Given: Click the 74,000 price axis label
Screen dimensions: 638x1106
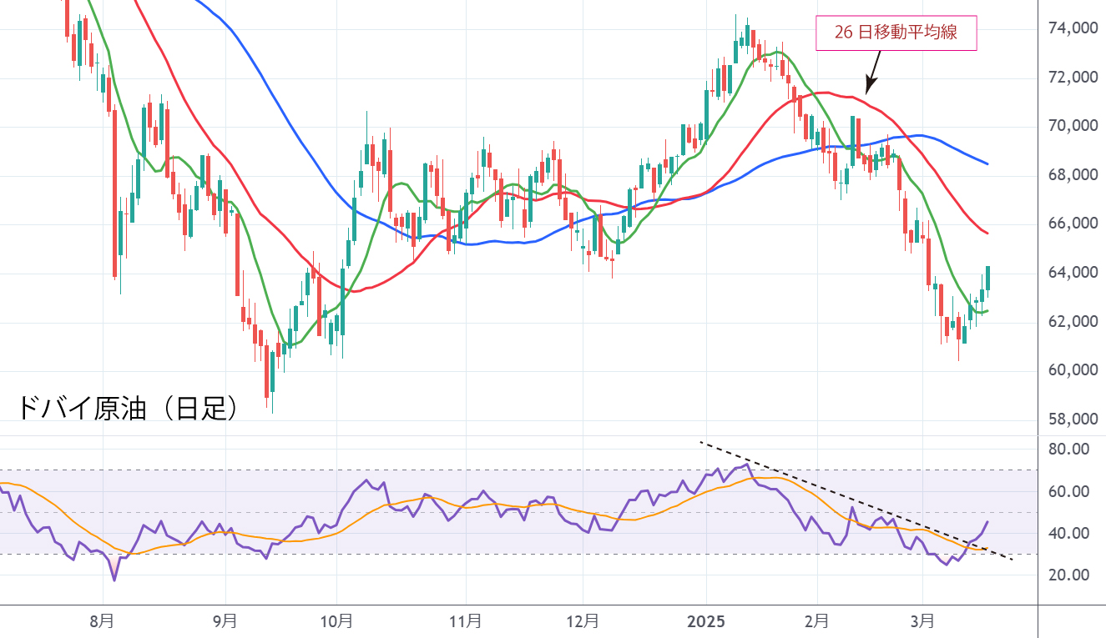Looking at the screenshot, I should point(1071,28).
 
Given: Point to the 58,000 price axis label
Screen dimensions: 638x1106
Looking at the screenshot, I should point(1071,419).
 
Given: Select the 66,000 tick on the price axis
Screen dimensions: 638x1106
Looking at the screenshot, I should point(1071,224).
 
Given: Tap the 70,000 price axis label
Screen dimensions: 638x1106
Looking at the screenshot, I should point(1071,126).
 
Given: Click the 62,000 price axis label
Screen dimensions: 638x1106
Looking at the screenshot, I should point(1071,322).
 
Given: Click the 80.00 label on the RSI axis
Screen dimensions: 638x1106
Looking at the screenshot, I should point(1068,450).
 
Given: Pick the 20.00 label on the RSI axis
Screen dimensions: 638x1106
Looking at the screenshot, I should point(1068,575).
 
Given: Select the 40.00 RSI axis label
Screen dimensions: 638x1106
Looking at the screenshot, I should point(1068,534).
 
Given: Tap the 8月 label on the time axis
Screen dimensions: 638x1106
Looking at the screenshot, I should point(103,621).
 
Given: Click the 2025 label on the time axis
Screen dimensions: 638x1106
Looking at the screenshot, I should point(705,621).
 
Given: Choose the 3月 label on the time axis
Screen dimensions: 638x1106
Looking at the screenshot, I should point(922,621).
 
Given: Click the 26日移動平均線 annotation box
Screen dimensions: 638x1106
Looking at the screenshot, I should point(896,33).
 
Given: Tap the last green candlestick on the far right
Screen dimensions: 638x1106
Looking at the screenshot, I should point(988,278).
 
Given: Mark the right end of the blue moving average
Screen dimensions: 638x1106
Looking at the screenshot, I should point(987,163).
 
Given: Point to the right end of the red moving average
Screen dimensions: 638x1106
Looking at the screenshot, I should point(987,233).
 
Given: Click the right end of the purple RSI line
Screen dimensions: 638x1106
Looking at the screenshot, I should point(987,522).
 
